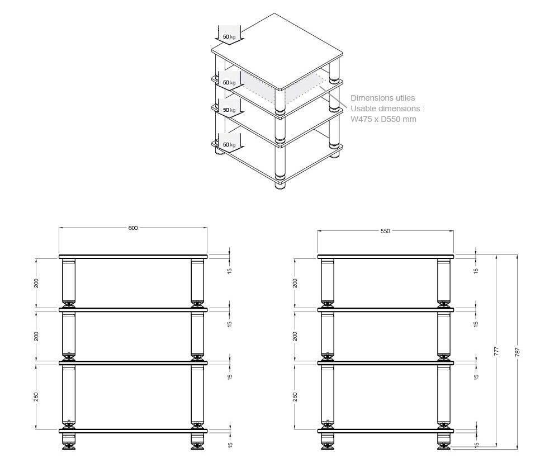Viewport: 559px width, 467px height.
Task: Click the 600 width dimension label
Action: (x=132, y=228)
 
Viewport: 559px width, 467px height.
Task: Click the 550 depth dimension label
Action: (x=385, y=231)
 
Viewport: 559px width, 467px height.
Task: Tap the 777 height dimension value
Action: (x=496, y=351)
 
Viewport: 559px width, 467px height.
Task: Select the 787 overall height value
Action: (x=518, y=352)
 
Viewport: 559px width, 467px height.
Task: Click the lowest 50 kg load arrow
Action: (x=229, y=143)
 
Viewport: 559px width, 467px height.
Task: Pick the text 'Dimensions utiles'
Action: (x=382, y=98)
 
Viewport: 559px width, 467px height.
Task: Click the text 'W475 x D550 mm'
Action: (x=383, y=119)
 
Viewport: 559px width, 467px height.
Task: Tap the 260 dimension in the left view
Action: (x=36, y=397)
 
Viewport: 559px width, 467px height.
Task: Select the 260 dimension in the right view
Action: (x=295, y=397)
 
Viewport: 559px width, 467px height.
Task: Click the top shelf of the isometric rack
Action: (x=277, y=51)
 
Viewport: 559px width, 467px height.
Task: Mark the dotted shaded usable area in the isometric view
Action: (x=282, y=89)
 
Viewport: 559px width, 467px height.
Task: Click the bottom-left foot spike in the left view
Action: (x=68, y=446)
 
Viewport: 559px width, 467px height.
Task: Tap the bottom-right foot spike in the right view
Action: (x=444, y=446)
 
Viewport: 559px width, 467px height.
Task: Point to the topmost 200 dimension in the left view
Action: (x=36, y=283)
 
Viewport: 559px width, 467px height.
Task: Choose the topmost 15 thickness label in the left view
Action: (x=230, y=271)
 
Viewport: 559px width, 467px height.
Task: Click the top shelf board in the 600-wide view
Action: (x=133, y=257)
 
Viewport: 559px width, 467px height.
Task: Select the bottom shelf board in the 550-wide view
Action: (x=386, y=431)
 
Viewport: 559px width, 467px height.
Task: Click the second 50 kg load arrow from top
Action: (x=229, y=81)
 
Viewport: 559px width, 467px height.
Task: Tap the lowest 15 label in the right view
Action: (x=476, y=445)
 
